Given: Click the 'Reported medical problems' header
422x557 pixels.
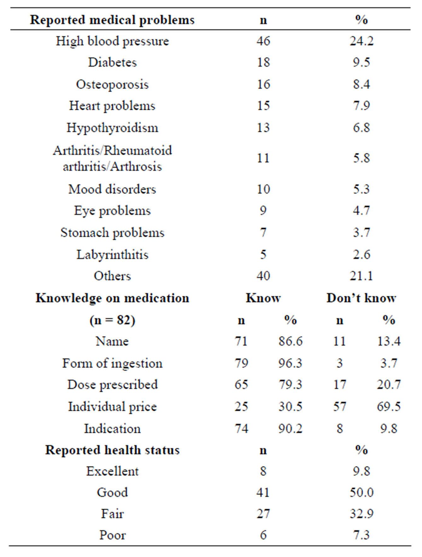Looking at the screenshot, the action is tap(112, 20).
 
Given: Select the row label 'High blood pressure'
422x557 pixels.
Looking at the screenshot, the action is tap(112, 41).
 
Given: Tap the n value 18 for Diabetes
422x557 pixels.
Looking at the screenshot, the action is tap(263, 62).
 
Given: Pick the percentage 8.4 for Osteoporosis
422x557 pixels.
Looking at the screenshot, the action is tap(361, 84).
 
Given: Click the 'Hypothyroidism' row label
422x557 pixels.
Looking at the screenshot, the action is tap(112, 128).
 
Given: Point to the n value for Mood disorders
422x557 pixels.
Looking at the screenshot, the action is tap(263, 189).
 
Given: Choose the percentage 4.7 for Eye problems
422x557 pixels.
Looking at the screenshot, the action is tap(361, 211).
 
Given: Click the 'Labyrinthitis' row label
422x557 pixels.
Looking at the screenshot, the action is tap(112, 254).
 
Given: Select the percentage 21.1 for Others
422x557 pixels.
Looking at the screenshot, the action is tap(361, 276).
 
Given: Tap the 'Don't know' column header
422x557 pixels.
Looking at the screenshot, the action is tap(361, 298).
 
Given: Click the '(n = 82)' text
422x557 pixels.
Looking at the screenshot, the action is tap(112, 320).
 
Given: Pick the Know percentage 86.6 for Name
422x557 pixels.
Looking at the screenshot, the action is tap(290, 341).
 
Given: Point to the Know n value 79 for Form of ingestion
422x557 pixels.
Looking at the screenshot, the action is tap(241, 363).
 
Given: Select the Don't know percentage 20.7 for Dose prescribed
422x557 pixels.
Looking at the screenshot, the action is tap(389, 385).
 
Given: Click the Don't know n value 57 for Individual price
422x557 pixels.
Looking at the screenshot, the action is tap(339, 407).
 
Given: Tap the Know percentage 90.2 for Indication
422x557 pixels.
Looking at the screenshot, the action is tap(290, 429).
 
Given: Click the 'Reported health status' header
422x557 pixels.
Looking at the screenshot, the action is tap(112, 450).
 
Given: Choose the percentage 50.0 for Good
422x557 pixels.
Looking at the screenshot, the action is tap(361, 492).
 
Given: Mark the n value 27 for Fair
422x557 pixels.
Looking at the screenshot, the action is tap(263, 514).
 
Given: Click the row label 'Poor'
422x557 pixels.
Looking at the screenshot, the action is tap(112, 535).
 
